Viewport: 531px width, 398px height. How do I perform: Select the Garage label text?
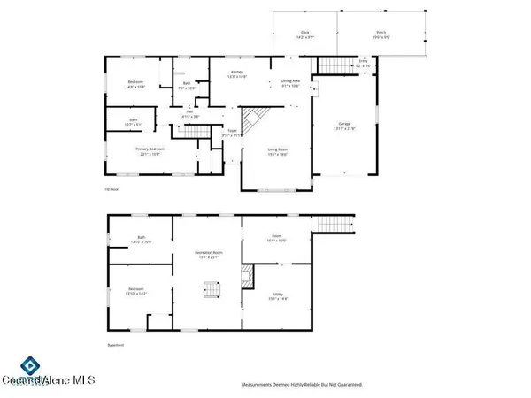tap(344, 124)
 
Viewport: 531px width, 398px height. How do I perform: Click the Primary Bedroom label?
tap(147, 151)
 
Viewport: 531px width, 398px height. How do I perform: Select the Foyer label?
tap(232, 133)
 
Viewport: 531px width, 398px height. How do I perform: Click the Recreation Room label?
tap(208, 256)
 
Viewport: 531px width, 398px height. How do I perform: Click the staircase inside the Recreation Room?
tap(210, 289)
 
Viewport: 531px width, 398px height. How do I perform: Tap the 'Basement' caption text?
tap(110, 346)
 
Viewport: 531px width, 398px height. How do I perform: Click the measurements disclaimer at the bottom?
tap(303, 385)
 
